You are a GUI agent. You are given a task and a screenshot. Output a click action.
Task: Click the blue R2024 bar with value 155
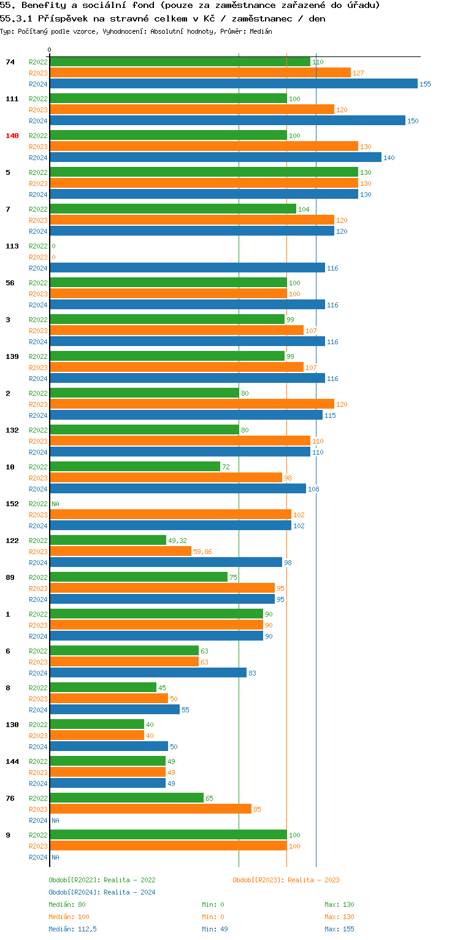[233, 84]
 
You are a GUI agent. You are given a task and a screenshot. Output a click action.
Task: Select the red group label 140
[12, 136]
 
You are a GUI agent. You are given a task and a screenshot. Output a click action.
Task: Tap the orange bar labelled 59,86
[120, 552]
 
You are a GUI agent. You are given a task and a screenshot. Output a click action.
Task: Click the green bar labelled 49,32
[107, 541]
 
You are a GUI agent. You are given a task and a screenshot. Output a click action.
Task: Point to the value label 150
[413, 121]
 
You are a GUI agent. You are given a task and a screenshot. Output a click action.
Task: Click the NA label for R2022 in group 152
[55, 504]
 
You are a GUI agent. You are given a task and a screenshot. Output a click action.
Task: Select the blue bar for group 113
[187, 268]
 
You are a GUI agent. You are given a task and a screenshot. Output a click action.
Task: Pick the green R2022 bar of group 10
[134, 467]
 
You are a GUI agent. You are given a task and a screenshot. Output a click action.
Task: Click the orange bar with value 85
[150, 809]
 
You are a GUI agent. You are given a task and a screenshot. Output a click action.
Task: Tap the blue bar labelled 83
[148, 673]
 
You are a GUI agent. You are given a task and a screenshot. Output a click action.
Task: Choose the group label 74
[10, 62]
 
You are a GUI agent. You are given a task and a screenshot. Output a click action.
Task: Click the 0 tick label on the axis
[50, 50]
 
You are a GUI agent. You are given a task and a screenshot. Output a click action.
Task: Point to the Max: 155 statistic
[339, 929]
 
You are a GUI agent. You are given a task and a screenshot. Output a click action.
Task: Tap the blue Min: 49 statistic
[215, 929]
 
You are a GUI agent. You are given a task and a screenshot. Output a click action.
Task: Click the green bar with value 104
[172, 209]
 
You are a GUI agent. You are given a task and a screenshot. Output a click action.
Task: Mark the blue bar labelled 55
[114, 710]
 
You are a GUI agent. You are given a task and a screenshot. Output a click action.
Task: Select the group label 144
[12, 761]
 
